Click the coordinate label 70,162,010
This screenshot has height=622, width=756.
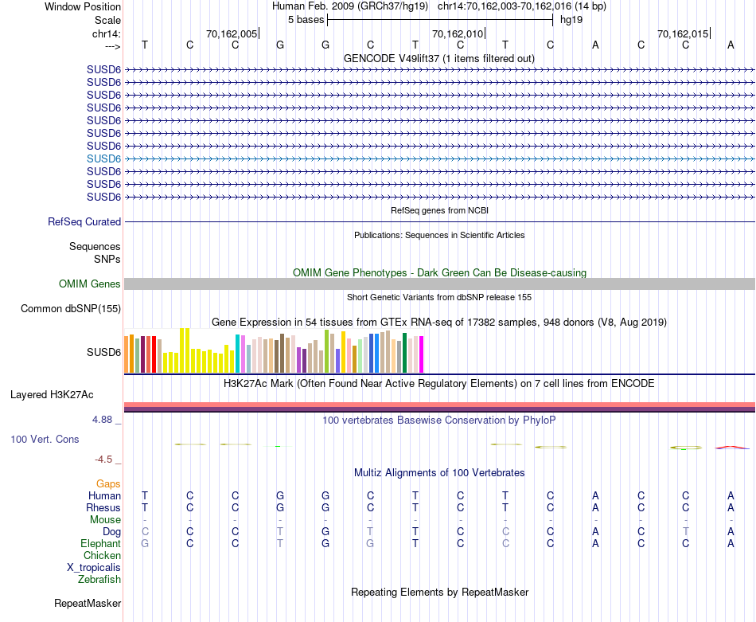(457, 33)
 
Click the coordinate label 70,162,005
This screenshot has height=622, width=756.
(232, 33)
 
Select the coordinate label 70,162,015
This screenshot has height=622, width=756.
(682, 33)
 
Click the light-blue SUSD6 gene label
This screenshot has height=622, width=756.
(103, 158)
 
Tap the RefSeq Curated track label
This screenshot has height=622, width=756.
(84, 222)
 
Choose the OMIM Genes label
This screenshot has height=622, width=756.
(90, 284)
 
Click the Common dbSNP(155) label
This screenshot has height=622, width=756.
(71, 309)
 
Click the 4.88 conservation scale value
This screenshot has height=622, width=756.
(105, 418)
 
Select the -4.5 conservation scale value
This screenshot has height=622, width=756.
(107, 460)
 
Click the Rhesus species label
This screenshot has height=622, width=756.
(104, 507)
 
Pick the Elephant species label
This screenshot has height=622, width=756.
(101, 543)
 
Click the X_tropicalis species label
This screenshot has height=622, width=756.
(94, 567)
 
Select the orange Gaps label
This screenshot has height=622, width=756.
(108, 483)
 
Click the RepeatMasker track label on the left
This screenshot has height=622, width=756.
(88, 604)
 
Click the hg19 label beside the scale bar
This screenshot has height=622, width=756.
(571, 19)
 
